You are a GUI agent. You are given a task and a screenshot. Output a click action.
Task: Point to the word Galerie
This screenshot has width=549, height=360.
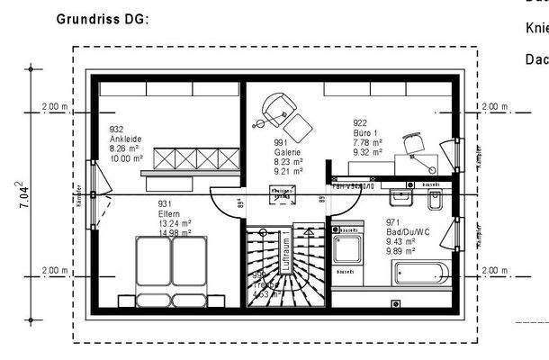[x=288, y=152]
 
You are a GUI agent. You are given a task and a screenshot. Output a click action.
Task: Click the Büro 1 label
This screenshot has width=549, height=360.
[x=365, y=132]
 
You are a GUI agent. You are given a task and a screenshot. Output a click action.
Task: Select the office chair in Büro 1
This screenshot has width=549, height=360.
[x=413, y=144]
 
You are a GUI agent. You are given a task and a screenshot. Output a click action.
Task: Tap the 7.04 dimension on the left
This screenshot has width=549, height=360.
[x=19, y=194]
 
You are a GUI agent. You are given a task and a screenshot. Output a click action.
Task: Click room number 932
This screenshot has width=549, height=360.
[x=116, y=129]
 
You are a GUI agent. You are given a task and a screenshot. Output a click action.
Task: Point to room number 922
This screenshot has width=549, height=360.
[x=360, y=122]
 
